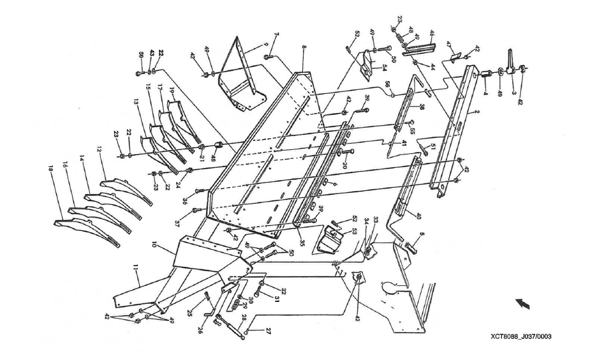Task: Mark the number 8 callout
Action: coord(304,49)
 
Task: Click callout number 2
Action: coord(476,111)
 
